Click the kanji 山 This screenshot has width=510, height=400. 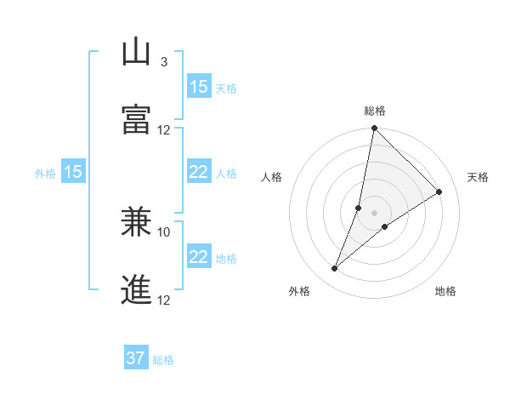[x=137, y=54]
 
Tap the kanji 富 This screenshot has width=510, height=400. [x=137, y=120]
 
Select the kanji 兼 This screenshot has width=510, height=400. [x=137, y=223]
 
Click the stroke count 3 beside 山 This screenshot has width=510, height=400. [x=164, y=62]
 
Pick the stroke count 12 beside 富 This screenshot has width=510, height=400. [x=164, y=130]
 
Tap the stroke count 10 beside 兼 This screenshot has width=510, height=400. [x=164, y=231]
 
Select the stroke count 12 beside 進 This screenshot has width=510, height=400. [x=164, y=300]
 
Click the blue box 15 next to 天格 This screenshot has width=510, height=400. [x=199, y=87]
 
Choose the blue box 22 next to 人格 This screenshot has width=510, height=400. [x=199, y=172]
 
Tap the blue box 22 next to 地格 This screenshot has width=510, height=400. [x=199, y=257]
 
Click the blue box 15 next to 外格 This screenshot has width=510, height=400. [x=73, y=172]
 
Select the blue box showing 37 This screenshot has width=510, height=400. [x=136, y=358]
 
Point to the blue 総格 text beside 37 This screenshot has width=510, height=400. [x=163, y=360]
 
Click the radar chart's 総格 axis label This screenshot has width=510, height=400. [x=375, y=111]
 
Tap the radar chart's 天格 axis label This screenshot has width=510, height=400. [x=478, y=177]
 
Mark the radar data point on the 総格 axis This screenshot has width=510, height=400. [x=375, y=129]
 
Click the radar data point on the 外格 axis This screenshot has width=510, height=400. [x=335, y=269]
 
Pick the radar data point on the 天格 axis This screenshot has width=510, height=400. [x=439, y=192]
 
